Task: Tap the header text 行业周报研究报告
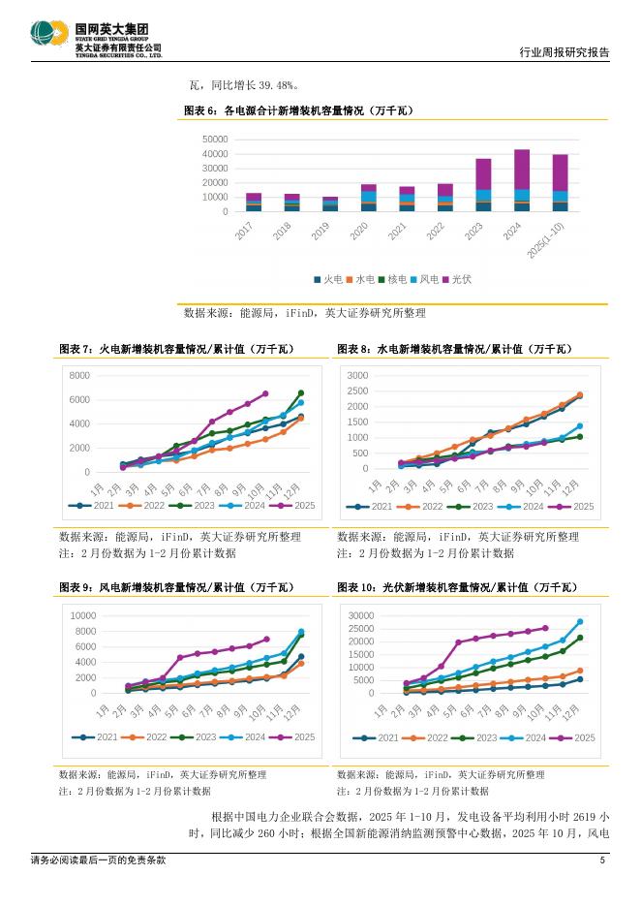pos(565,53)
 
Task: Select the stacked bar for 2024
pos(522,180)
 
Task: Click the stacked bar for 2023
pos(483,185)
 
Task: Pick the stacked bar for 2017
pos(254,203)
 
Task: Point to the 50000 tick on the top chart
pos(216,140)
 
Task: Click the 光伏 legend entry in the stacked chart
pos(463,279)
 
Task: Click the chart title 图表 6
pos(298,111)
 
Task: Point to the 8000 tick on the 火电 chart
pos(79,375)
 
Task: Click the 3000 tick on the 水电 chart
pos(357,375)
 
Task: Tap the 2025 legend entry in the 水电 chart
pos(577,506)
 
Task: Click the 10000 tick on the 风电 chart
pos(83,615)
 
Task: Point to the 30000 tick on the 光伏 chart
pos(360,615)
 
